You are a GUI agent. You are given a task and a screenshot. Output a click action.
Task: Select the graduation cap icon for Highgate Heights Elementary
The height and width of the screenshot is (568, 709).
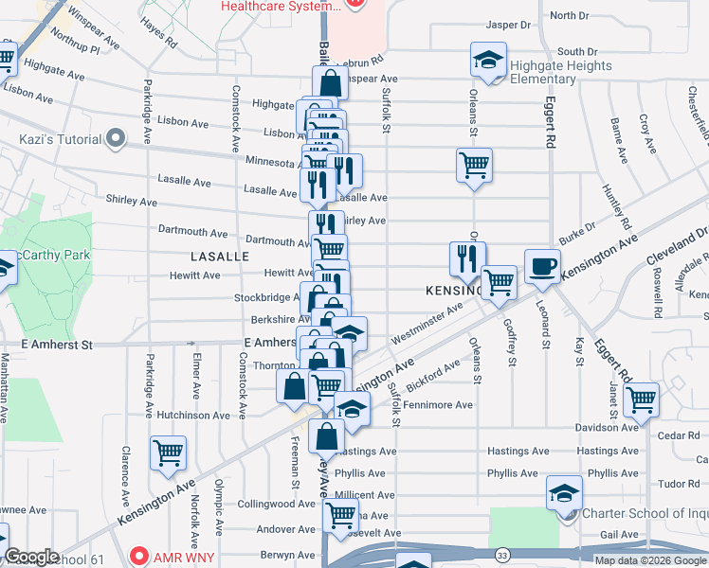pyautogui.click(x=487, y=62)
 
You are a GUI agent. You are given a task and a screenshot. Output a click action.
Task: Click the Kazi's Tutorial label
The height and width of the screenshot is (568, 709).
pyautogui.click(x=60, y=139)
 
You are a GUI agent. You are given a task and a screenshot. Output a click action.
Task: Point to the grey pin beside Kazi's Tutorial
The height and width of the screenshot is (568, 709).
pyautogui.click(x=116, y=139)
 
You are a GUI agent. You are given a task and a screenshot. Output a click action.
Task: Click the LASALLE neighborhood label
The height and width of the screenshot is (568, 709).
pyautogui.click(x=219, y=257)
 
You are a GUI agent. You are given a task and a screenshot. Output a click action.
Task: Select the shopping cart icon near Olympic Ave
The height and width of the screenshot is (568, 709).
pyautogui.click(x=168, y=453)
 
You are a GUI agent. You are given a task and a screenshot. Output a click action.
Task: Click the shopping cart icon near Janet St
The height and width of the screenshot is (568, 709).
pyautogui.click(x=642, y=399)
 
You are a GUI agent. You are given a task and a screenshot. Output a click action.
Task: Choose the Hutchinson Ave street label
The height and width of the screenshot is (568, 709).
pyautogui.click(x=193, y=415)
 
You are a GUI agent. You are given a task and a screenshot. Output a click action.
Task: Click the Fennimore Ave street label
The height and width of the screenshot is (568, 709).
pyautogui.click(x=438, y=405)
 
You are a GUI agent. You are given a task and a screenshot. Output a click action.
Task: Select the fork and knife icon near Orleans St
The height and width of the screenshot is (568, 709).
pyautogui.click(x=467, y=257)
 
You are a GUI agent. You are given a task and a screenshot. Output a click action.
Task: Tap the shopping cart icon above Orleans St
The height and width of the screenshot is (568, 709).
pyautogui.click(x=473, y=165)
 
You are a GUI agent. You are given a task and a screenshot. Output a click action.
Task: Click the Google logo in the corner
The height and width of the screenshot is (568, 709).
pyautogui.click(x=31, y=557)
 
